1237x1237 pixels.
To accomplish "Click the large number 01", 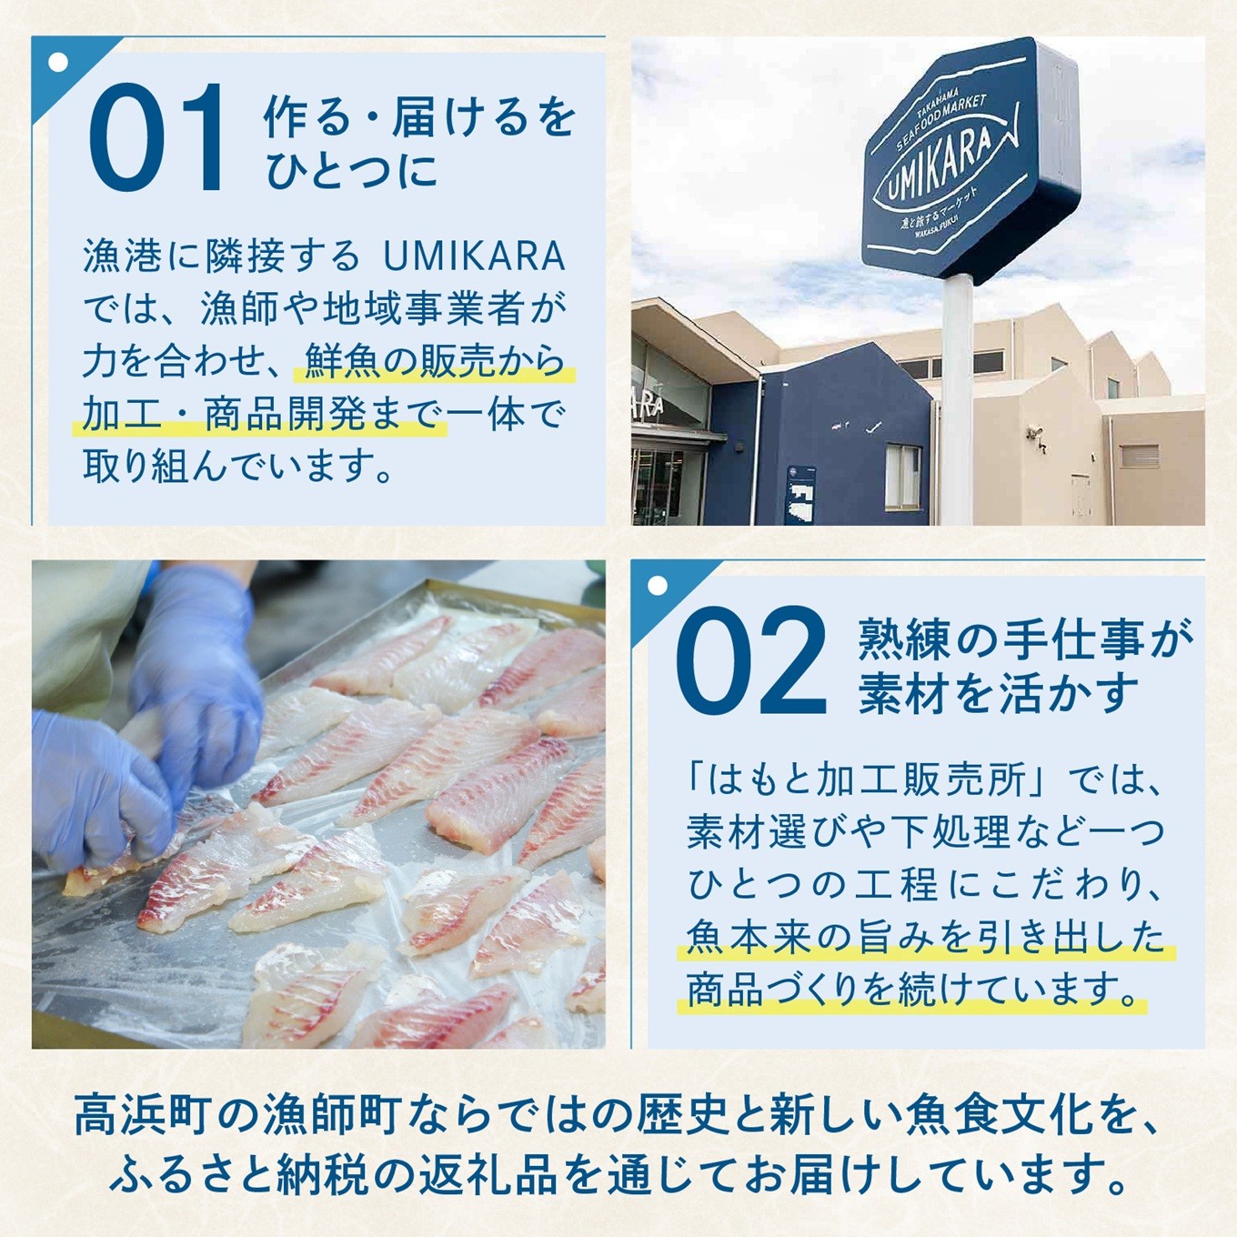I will tap(156, 138).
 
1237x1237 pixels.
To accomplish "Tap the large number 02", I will tap(750, 662).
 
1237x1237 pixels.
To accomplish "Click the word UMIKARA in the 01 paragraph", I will tap(474, 256).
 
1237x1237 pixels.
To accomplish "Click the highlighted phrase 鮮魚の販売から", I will tap(434, 362).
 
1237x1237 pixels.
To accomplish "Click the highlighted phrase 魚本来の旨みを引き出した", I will tap(925, 937).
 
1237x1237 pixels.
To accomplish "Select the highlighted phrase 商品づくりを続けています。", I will tap(913, 990).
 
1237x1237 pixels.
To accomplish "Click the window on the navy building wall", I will tap(902, 476).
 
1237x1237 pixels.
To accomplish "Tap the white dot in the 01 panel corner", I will tap(59, 63).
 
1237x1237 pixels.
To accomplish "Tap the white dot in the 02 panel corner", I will tap(658, 587).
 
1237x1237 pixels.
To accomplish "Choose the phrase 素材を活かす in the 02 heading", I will tap(999, 694).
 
